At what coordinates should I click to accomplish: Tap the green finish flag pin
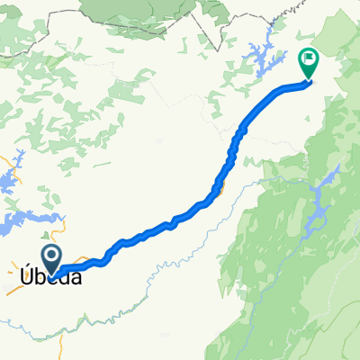[x=308, y=62]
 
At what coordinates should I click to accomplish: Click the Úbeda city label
[x=52, y=278]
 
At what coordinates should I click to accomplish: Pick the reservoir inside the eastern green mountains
[x=317, y=211]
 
